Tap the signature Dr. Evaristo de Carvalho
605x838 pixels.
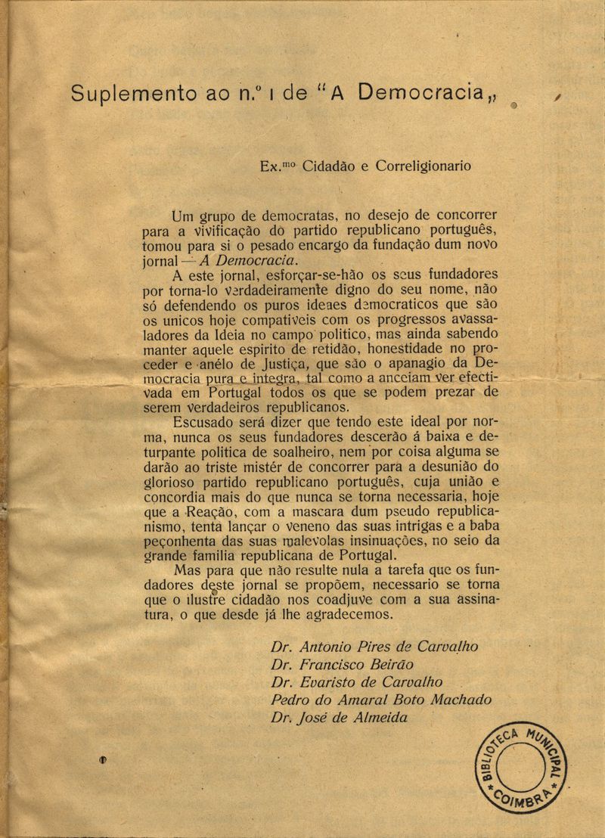click(x=356, y=682)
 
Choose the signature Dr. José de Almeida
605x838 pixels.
click(x=338, y=718)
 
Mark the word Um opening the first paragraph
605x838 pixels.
click(x=184, y=216)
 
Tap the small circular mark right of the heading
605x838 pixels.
click(x=513, y=107)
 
